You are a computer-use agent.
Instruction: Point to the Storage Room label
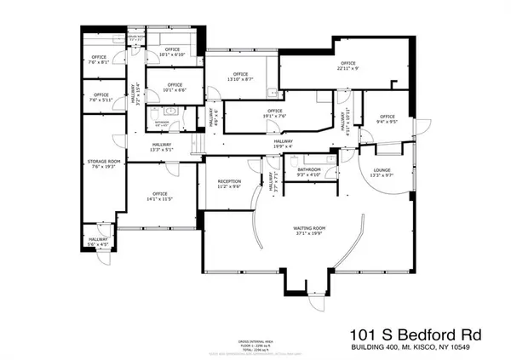(x=100, y=164)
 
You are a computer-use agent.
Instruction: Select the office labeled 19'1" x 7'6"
(x=273, y=113)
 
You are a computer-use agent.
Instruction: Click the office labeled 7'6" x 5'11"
(x=100, y=97)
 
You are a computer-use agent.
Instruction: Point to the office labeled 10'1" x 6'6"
(x=175, y=88)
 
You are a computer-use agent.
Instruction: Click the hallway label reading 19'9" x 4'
(x=283, y=146)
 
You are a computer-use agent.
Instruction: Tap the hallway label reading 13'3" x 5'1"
(x=162, y=148)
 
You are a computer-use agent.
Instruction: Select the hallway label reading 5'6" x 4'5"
(x=99, y=243)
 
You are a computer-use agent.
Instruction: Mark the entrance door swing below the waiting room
(x=317, y=298)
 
